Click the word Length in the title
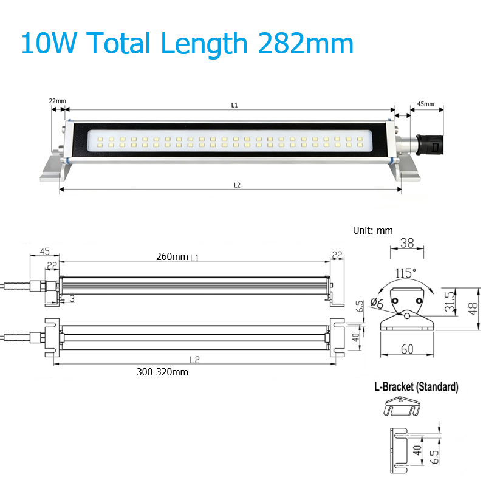point(204,44)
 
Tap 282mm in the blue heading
point(306,43)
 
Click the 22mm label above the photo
point(58,101)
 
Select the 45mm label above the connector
point(426,104)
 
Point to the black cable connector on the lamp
point(430,145)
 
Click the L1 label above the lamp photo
point(234,105)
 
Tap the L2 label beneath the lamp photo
point(237,185)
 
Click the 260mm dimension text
point(172,256)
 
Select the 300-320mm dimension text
point(162,372)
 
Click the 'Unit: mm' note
point(373,231)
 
